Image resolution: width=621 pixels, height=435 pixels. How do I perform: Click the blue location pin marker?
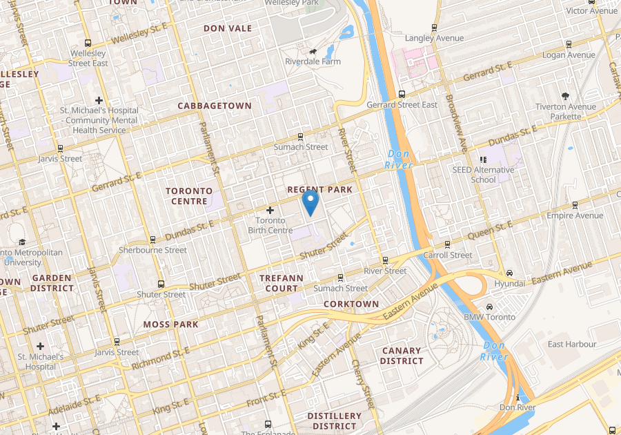click(310, 202)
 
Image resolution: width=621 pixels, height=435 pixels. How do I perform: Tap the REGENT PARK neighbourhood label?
click(319, 189)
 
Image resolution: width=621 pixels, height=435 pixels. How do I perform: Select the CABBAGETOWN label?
click(215, 106)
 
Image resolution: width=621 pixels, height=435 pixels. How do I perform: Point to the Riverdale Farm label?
click(313, 61)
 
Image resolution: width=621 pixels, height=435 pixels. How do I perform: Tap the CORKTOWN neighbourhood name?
click(351, 304)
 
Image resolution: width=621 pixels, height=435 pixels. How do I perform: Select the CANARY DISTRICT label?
click(402, 356)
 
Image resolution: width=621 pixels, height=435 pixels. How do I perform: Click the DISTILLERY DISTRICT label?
click(334, 420)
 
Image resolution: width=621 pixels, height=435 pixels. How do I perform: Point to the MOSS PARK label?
click(170, 324)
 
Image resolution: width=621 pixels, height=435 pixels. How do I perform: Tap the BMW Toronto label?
click(489, 317)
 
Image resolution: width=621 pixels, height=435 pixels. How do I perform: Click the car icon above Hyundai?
click(509, 273)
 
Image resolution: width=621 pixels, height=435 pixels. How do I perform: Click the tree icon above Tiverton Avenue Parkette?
click(566, 96)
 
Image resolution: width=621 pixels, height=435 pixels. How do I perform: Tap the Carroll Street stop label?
click(448, 255)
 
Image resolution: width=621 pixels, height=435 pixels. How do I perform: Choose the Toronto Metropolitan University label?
click(32, 257)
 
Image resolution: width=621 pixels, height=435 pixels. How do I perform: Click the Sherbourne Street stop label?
click(152, 250)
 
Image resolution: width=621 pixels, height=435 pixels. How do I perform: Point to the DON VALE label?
click(228, 28)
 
